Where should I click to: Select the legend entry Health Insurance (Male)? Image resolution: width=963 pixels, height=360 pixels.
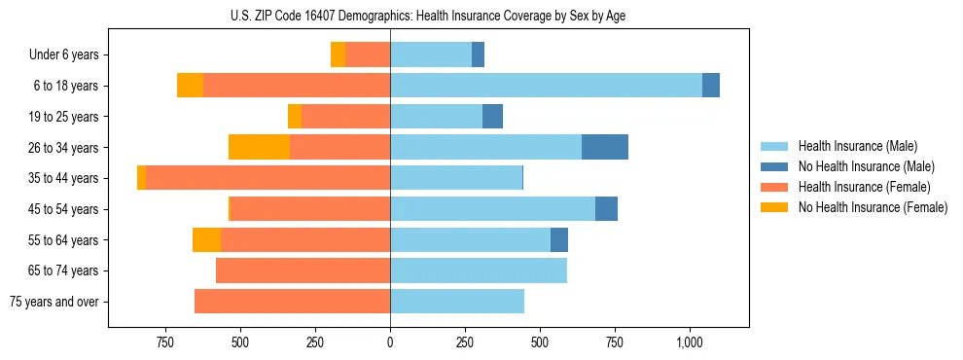857,146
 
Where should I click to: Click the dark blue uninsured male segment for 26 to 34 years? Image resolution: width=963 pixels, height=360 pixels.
605,147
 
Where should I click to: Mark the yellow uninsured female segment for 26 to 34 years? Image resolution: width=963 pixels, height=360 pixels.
260,147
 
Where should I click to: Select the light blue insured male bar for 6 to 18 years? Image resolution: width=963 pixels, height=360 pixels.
546,86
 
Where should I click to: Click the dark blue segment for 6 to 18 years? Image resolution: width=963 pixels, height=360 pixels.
711,86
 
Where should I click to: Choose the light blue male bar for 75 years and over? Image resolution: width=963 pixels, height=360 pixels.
457,302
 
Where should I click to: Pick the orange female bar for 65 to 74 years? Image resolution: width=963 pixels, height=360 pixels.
303,270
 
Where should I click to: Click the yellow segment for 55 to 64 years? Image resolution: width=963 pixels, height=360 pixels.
206,239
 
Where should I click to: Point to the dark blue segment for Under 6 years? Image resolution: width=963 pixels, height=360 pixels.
478,54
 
